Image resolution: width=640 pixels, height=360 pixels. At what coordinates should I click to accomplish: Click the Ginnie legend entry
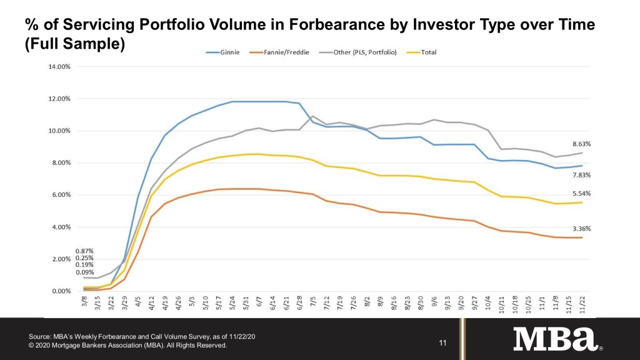click(227, 52)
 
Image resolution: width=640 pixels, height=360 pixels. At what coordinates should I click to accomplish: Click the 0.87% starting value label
click(84, 251)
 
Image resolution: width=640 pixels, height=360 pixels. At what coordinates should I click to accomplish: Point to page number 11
click(443, 342)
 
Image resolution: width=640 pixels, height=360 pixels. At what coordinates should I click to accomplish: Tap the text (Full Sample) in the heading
click(75, 45)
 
